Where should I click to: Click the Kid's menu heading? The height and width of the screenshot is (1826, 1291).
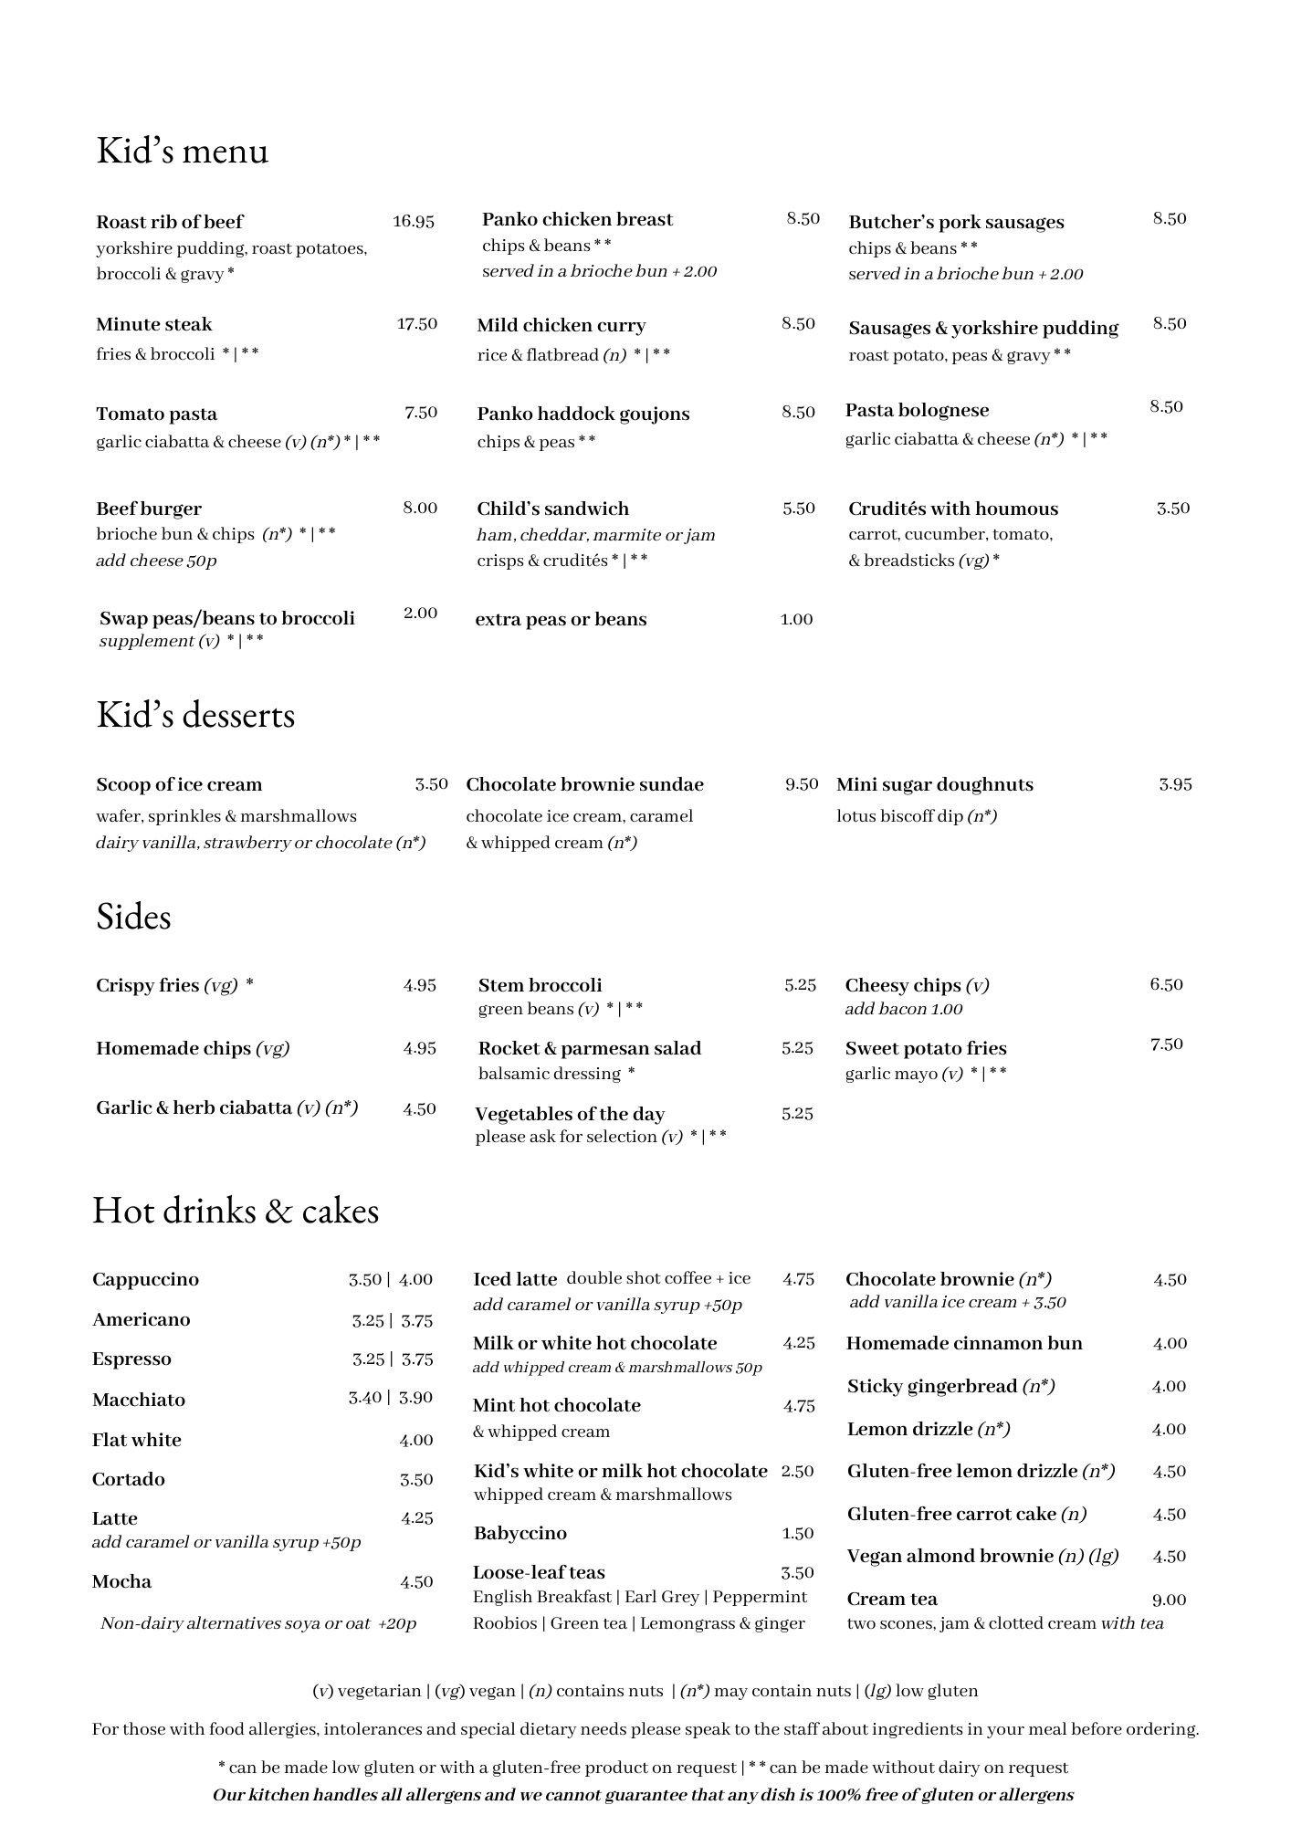tap(183, 151)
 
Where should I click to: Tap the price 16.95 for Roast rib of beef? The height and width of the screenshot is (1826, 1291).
tap(414, 221)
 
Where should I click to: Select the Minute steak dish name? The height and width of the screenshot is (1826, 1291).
tap(153, 325)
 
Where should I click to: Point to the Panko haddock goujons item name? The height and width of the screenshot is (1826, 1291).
tap(583, 414)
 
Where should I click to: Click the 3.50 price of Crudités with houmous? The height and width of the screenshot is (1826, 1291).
tap(1173, 509)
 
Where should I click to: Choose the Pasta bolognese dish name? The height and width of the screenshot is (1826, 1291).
tap(917, 410)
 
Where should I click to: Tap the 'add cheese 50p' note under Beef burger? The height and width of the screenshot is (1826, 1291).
tap(156, 561)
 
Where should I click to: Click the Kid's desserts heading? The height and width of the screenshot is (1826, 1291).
tap(195, 715)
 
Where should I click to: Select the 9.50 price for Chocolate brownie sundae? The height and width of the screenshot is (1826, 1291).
tap(802, 784)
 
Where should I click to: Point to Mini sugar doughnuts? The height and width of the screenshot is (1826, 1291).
tap(935, 784)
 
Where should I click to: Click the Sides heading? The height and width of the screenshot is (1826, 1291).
tap(133, 917)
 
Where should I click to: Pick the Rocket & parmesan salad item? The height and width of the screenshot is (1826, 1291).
tap(590, 1048)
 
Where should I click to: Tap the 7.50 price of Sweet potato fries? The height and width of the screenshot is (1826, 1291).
tap(1166, 1044)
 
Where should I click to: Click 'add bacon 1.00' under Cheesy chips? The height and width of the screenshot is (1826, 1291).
tap(903, 1009)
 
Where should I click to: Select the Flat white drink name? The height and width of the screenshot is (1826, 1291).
tap(137, 1440)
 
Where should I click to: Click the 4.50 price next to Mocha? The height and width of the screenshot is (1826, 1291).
tap(416, 1582)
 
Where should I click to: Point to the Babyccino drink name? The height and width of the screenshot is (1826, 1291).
tap(520, 1533)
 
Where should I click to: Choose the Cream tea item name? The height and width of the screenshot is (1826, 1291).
tap(892, 1599)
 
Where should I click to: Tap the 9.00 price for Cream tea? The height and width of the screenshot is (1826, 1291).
tap(1169, 1600)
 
